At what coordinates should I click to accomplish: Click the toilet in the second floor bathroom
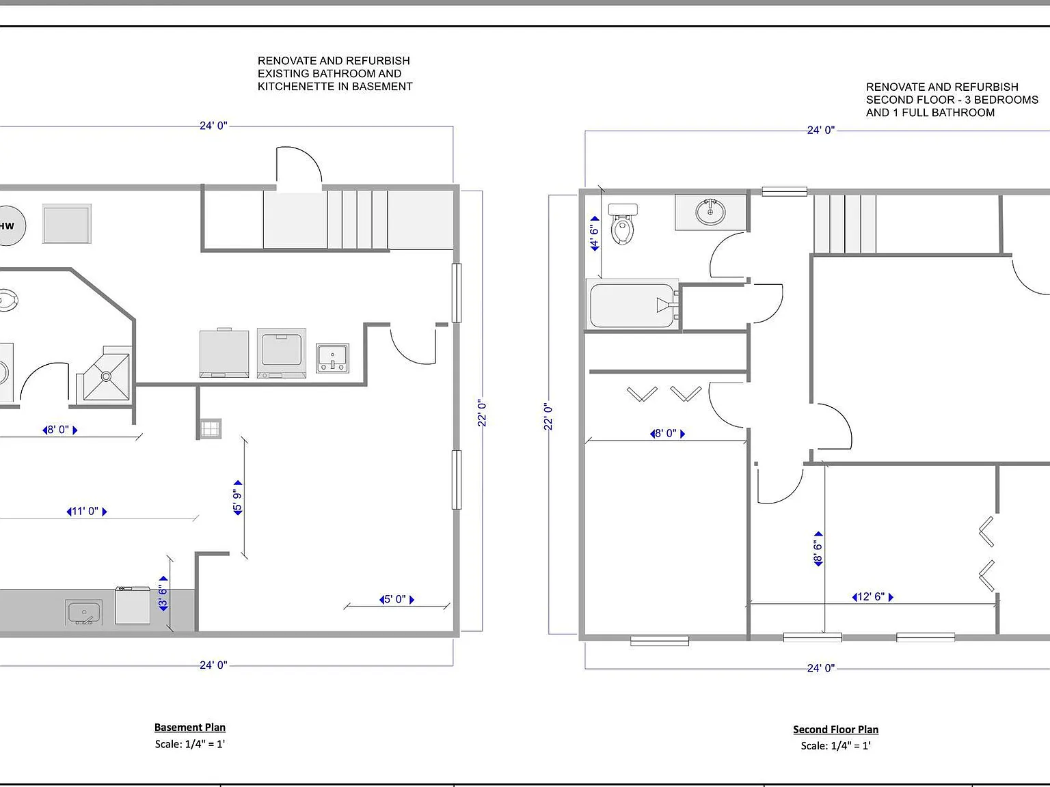(622, 224)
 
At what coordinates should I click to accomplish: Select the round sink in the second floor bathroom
(710, 212)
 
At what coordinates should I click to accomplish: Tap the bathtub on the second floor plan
(632, 305)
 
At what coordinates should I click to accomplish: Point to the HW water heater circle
(9, 225)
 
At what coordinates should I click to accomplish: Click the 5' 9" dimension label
(238, 498)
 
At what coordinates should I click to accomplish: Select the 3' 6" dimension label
(163, 594)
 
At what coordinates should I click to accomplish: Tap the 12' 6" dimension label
(872, 597)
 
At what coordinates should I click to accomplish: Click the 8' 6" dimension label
(818, 549)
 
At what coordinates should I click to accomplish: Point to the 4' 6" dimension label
(594, 234)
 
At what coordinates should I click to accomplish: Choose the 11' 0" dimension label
(87, 511)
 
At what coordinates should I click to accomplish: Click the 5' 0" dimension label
(396, 599)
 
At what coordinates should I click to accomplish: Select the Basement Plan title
(190, 728)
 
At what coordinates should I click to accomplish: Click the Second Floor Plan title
(836, 730)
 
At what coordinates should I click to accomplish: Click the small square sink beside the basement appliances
(332, 359)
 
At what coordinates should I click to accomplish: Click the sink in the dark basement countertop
(83, 612)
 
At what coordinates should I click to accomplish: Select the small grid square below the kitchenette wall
(210, 428)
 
